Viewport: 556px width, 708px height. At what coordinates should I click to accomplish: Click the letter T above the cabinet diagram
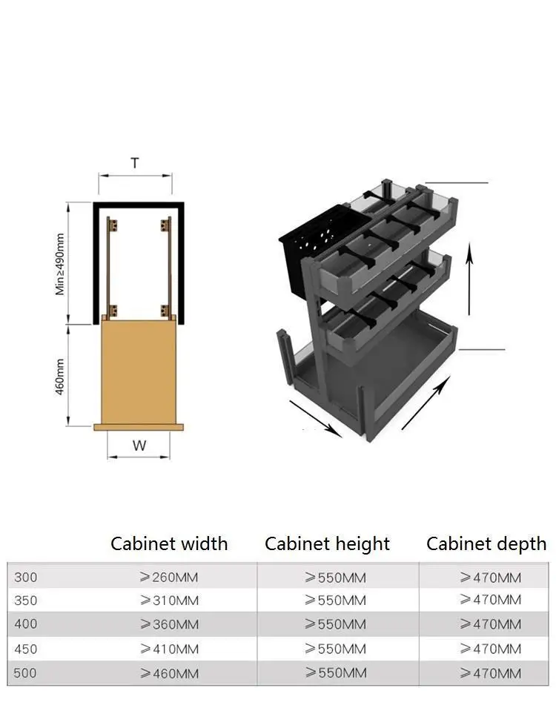point(135,163)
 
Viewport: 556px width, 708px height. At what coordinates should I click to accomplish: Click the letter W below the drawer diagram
point(139,446)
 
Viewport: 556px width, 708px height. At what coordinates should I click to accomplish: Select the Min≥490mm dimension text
point(60,265)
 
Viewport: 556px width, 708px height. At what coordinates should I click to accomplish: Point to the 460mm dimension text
point(60,377)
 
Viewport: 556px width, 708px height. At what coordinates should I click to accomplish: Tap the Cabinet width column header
point(169,543)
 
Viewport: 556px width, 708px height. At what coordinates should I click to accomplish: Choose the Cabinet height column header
point(327,544)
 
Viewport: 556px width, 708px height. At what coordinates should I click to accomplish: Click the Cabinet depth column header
point(486,544)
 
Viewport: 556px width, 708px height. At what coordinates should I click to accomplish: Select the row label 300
point(26,577)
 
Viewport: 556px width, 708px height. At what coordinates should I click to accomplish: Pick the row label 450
point(26,649)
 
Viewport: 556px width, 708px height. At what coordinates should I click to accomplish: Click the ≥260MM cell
point(169,577)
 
